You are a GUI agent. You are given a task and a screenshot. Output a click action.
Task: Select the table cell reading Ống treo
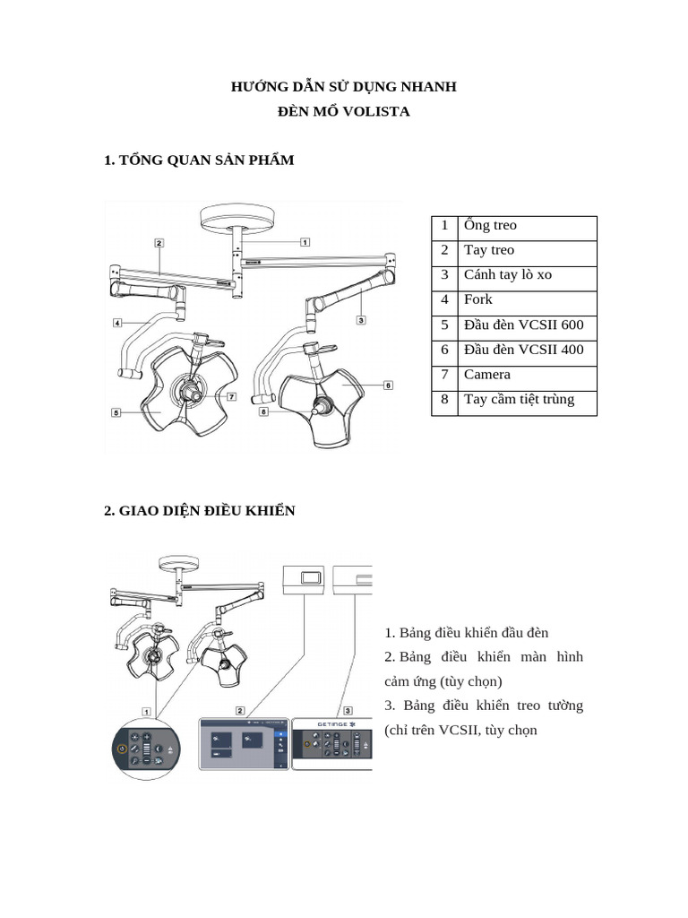tap(490, 226)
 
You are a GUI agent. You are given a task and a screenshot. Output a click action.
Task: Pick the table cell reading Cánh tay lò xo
tap(507, 275)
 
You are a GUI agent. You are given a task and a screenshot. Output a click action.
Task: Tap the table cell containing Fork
tap(478, 299)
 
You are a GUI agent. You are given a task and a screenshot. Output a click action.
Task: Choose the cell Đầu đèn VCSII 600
tap(523, 325)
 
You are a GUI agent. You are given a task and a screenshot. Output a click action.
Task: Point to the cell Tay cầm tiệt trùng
tap(519, 400)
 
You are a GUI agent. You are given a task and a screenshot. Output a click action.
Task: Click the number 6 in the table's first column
tap(444, 350)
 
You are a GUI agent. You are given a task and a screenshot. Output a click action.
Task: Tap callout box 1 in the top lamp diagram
tap(305, 241)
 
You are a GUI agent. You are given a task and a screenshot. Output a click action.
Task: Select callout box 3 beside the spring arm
tap(360, 319)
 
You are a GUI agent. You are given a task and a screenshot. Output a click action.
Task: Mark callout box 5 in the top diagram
tap(116, 412)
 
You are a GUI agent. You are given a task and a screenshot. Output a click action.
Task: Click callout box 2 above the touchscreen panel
tap(240, 710)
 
